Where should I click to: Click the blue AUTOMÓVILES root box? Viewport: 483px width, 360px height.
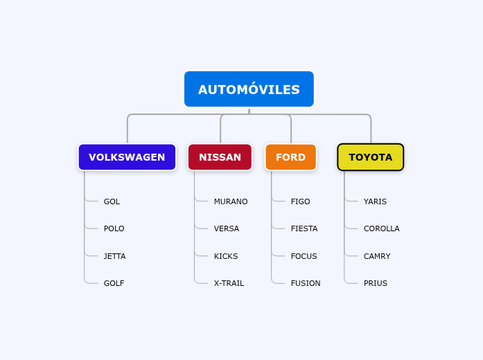[x=249, y=89]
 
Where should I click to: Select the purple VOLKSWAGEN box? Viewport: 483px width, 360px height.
[x=127, y=157]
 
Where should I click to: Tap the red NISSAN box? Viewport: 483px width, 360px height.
[x=220, y=157]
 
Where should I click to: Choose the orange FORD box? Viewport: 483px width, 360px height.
[x=290, y=157]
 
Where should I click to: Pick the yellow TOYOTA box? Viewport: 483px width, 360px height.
[x=370, y=157]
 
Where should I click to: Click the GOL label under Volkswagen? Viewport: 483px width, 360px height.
[x=112, y=201]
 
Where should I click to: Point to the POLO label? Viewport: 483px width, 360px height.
[x=114, y=228]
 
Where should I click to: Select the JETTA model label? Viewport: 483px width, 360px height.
[x=114, y=256]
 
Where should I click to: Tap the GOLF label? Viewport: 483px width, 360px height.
[x=114, y=283]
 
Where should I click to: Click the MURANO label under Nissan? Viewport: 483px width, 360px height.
[x=230, y=201]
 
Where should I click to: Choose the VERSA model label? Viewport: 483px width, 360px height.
[x=226, y=228]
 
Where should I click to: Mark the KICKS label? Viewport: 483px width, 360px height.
[x=225, y=256]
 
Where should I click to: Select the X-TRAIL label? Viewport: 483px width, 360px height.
[x=229, y=283]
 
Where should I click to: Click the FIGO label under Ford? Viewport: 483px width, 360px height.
[x=300, y=201]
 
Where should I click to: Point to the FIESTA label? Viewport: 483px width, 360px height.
[x=304, y=228]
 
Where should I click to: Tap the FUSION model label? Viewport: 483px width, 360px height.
[x=306, y=283]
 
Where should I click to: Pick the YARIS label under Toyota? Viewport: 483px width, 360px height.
[x=375, y=201]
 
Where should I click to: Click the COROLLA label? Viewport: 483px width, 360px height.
[x=381, y=228]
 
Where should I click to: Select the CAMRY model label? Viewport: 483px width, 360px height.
[x=377, y=256]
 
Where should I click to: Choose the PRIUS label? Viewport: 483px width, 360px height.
[x=375, y=283]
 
